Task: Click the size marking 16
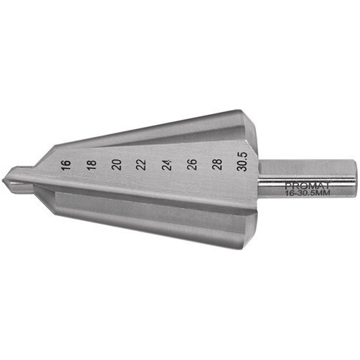pos(66,165)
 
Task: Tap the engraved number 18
pos(92,165)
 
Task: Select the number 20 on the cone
pos(117,165)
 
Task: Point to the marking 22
pos(141,165)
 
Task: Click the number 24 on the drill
pos(167,165)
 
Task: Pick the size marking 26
pos(192,165)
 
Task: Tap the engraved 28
pos(217,165)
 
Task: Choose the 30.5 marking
pos(242,162)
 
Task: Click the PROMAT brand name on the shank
pos(307,185)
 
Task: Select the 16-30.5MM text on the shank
pos(307,192)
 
